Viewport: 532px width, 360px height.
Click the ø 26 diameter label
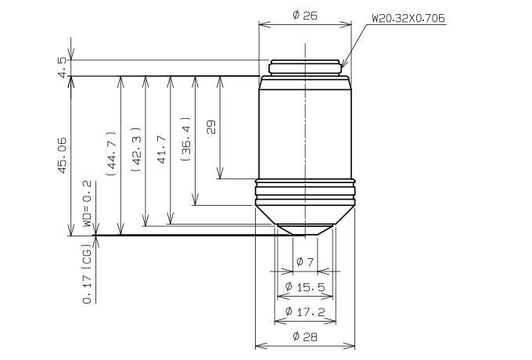(305, 15)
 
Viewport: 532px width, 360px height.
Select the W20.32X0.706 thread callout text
(408, 18)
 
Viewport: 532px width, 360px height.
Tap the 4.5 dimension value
(62, 67)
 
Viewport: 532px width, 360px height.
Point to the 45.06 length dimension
(63, 155)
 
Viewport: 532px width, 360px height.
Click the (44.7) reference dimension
(112, 153)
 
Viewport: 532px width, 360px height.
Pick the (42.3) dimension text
(135, 149)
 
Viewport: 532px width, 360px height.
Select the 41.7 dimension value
(162, 149)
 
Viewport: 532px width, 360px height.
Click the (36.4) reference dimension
(185, 139)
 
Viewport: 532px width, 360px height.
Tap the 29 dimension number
(210, 127)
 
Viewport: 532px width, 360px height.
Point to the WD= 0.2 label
(87, 203)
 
